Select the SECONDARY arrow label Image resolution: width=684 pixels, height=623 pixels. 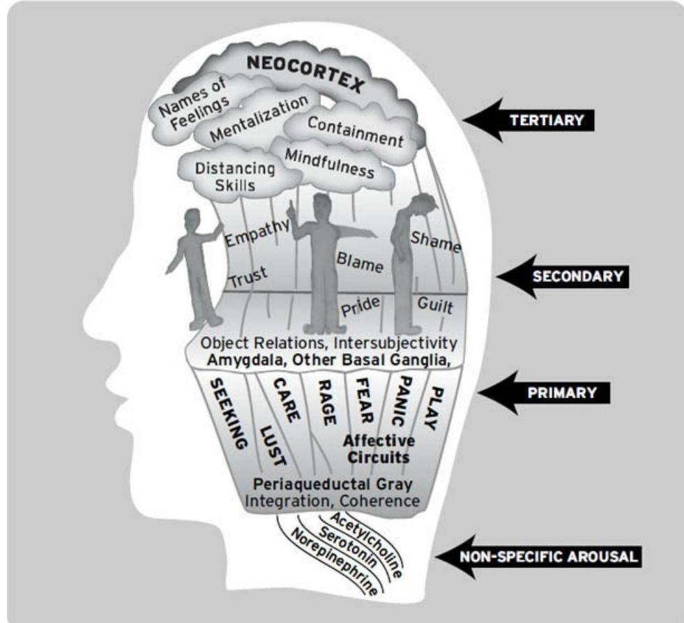[577, 276]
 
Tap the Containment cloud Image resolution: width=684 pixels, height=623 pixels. [355, 131]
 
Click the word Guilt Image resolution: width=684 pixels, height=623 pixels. [436, 305]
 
